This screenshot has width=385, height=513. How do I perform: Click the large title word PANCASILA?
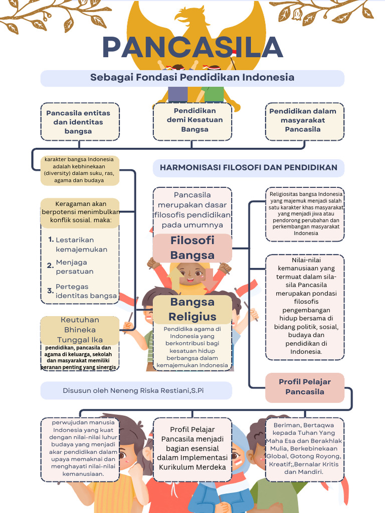193,47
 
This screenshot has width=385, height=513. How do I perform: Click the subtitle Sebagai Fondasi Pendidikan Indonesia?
192,78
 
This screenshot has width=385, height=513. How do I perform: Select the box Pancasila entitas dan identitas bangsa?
78,122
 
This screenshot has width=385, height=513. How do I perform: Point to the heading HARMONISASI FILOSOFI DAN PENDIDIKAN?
248,167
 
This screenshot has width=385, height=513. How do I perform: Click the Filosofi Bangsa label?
192,247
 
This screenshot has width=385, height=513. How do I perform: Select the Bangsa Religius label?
192,309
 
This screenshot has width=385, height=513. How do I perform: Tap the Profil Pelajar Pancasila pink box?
304,387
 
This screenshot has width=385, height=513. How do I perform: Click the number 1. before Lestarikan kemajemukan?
51,239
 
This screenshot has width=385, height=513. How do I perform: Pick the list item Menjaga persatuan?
75,267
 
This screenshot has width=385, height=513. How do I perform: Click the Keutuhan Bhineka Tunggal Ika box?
80,330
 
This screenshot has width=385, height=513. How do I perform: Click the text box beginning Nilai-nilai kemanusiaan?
305,306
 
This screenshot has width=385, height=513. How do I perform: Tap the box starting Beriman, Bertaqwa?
305,448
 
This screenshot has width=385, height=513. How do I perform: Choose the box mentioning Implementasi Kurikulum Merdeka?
192,448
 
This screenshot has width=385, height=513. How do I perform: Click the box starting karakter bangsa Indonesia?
80,170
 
